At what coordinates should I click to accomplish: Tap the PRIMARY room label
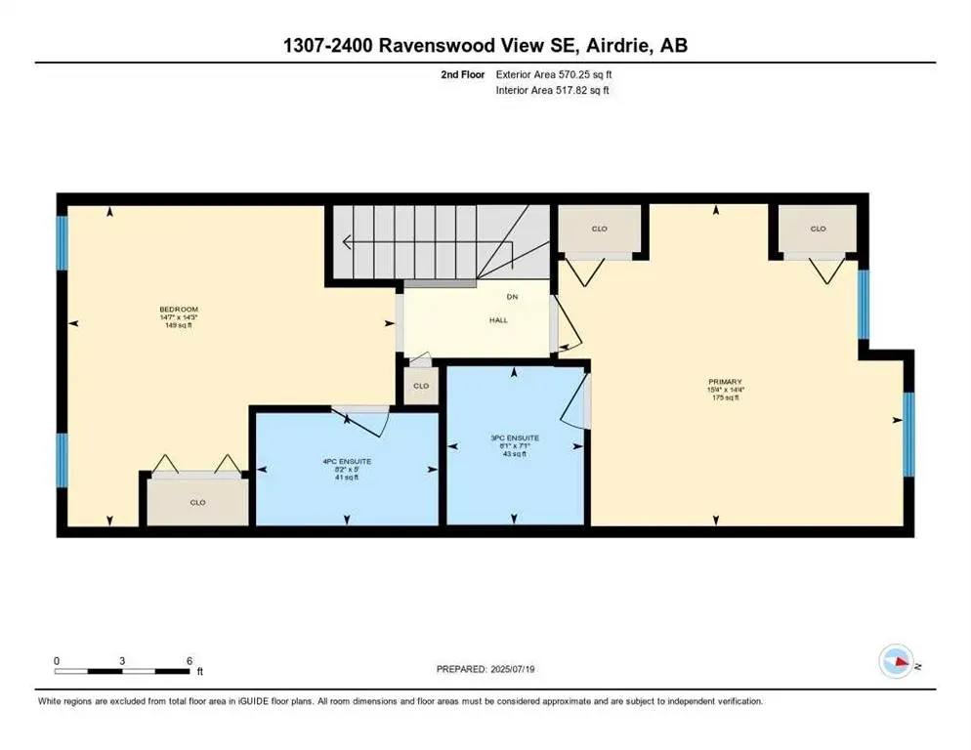tap(726, 382)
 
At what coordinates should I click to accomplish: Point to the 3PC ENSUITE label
tap(515, 437)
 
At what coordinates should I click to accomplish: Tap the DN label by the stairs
tap(511, 296)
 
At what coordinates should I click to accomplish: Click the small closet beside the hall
tap(421, 385)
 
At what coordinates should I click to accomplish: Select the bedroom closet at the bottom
tap(197, 502)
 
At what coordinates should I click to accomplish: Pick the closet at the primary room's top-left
tap(599, 229)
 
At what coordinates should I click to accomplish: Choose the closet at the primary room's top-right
tap(817, 229)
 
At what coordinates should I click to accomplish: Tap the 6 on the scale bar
tap(189, 660)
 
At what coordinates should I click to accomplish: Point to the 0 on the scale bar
tap(58, 660)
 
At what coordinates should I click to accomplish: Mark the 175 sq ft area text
tap(726, 398)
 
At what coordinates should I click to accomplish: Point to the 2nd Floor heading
tap(462, 73)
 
